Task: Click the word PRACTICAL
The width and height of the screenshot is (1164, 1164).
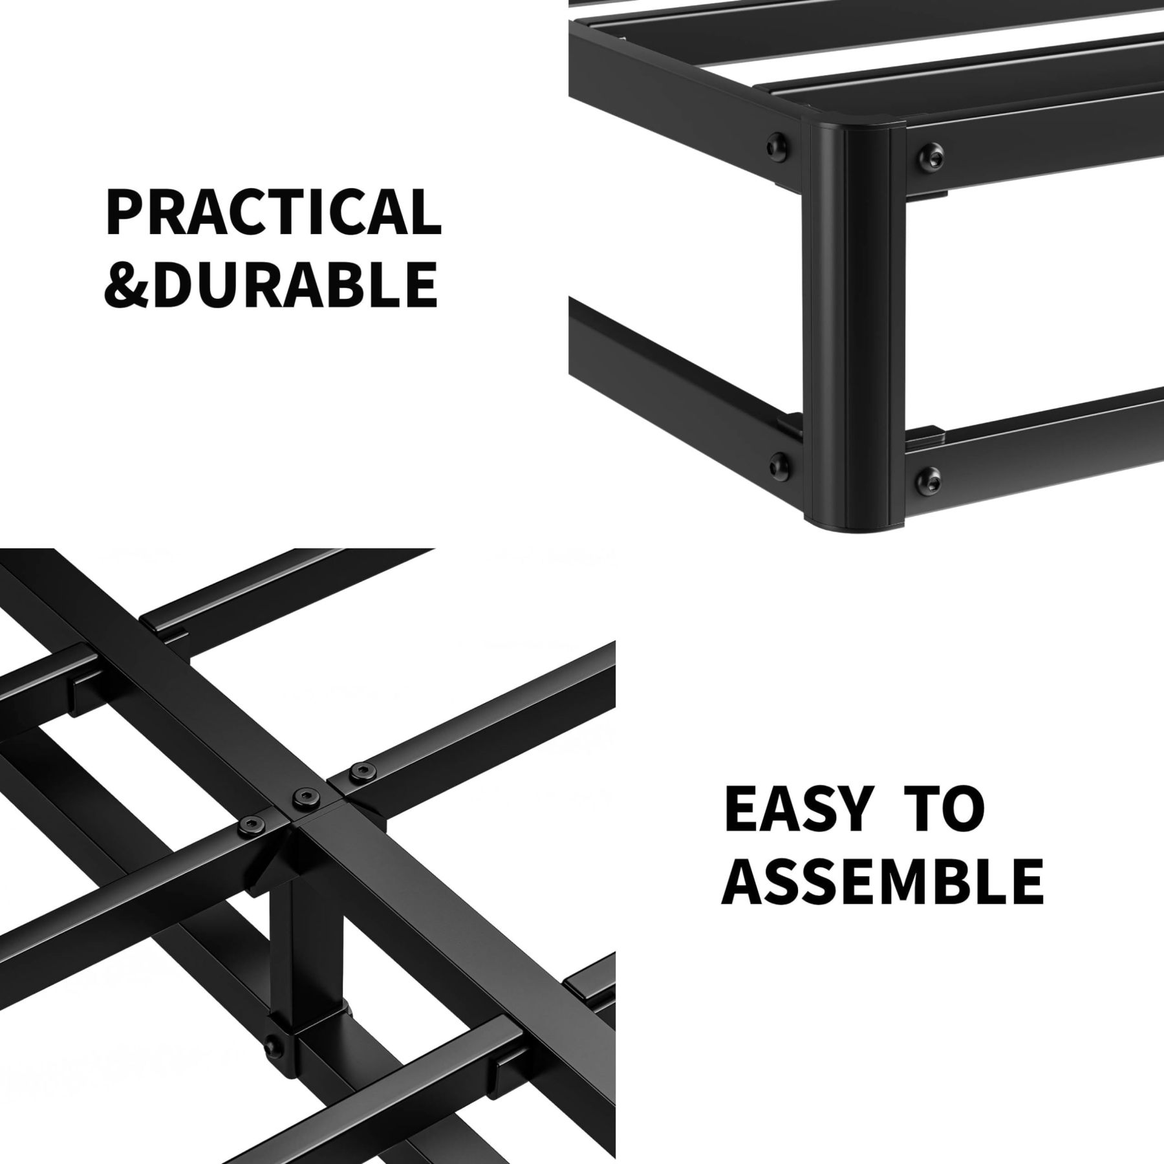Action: [x=272, y=212]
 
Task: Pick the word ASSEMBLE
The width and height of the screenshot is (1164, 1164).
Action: [x=883, y=881]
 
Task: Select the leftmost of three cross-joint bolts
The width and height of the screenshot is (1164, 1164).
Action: [x=249, y=824]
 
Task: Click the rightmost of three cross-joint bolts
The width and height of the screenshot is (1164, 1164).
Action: [x=358, y=771]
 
